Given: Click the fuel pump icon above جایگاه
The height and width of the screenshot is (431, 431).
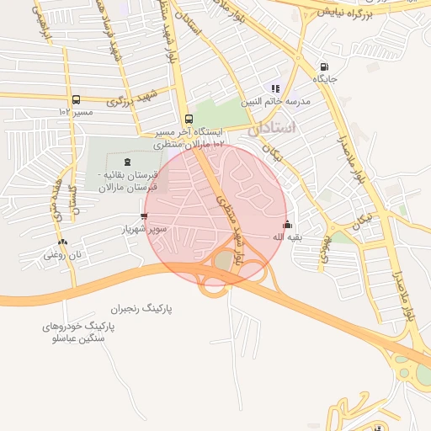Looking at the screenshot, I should click(324, 67).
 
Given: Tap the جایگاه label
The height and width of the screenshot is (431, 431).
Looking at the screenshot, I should click(325, 79).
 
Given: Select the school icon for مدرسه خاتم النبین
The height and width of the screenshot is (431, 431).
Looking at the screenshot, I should click(274, 88).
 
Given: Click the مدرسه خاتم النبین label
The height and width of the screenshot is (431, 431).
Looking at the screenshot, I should click(277, 101).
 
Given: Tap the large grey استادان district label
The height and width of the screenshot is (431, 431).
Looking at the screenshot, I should click(273, 129).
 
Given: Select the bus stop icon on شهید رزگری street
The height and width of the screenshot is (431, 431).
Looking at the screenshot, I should click(77, 99).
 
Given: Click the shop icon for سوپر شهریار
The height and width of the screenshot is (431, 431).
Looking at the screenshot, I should click(144, 216).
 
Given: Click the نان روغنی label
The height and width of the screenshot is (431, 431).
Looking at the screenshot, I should click(61, 253).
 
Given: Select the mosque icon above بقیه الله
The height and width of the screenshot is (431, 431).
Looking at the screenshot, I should click(288, 225).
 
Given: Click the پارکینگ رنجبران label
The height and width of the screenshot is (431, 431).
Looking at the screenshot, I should click(146, 309).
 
